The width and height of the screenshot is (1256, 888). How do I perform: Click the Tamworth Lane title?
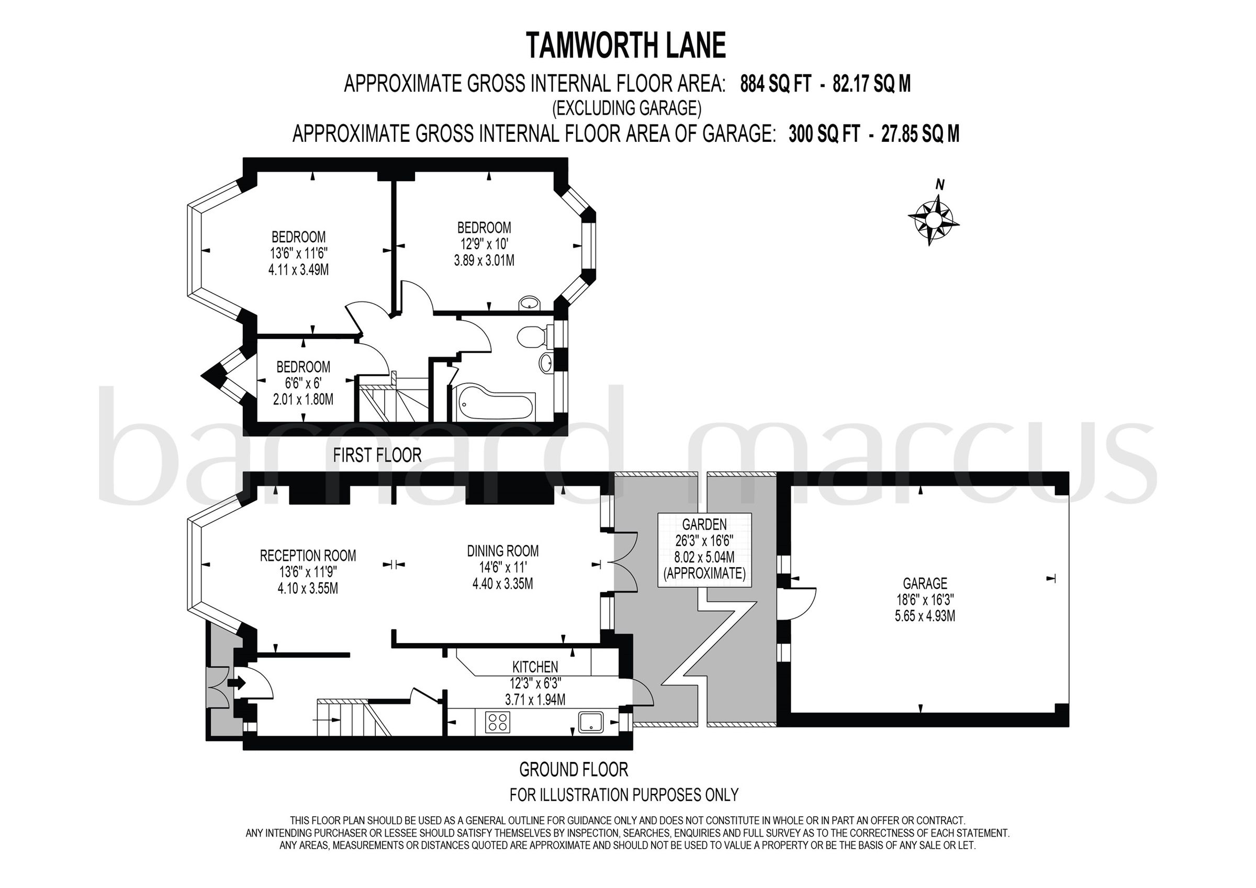pos(626,46)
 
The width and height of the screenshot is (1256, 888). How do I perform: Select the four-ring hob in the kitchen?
pos(497,721)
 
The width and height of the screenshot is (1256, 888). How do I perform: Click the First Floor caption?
pos(377,455)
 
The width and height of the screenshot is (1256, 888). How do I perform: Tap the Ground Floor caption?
pos(573,769)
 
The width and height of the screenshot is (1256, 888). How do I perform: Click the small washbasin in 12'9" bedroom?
pos(529,302)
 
